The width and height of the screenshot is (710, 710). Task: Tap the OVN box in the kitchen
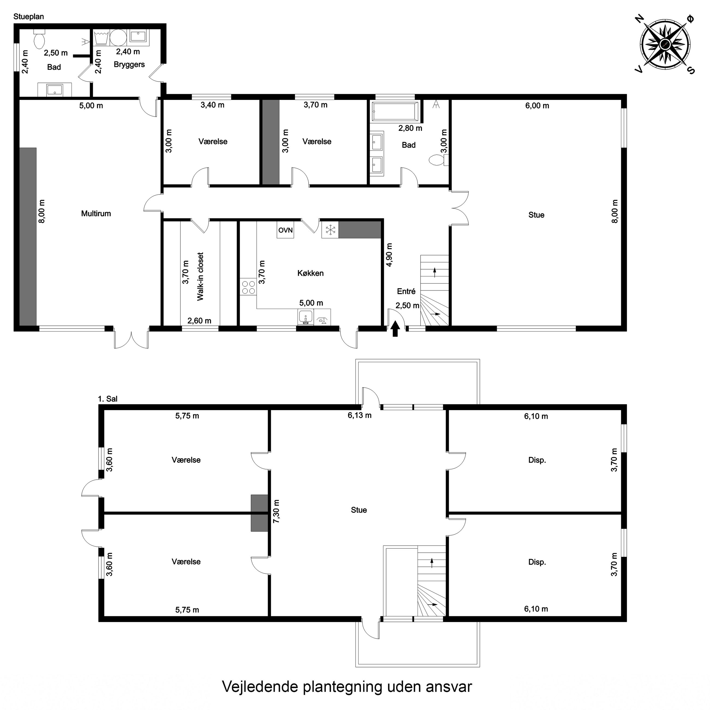[x=286, y=230]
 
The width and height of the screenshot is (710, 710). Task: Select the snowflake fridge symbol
[x=330, y=230]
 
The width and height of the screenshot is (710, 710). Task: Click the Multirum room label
[x=96, y=214]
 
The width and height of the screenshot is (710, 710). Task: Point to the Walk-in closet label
[x=200, y=276]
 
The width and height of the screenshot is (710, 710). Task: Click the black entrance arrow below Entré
[x=395, y=329]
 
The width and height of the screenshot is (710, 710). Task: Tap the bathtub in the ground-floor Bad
[x=395, y=111]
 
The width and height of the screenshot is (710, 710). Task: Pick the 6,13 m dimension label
[x=359, y=415]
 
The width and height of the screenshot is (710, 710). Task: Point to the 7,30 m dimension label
[x=276, y=511]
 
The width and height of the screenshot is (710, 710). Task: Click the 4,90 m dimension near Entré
[x=389, y=255]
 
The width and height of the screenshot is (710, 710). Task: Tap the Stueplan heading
[x=29, y=17]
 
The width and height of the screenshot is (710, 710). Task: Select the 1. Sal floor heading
[x=108, y=399]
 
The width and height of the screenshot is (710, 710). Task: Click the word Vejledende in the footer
[x=260, y=686]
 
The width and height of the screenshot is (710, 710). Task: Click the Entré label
[x=406, y=291]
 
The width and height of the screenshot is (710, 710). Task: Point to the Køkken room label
[x=310, y=273]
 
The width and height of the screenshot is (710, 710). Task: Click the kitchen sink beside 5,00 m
[x=305, y=317]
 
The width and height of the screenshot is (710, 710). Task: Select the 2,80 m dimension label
[x=410, y=128]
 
